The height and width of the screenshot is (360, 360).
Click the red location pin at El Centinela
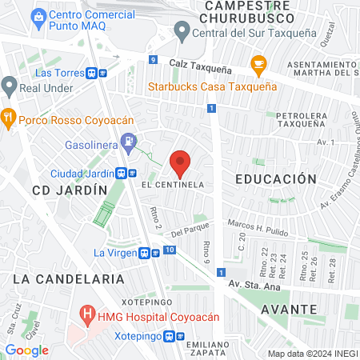pos(180,162)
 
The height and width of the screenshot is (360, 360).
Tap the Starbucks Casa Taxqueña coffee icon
pos(258,64)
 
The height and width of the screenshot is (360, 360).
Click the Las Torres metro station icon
pos(98,73)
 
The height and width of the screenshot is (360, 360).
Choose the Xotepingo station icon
pos(172,338)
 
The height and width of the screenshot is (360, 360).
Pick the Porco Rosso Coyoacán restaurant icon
pos(10,115)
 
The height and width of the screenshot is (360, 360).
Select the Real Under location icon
pos(10,85)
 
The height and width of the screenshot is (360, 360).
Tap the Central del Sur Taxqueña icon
pos(182,33)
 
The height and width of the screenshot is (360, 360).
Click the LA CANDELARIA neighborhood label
pos(69,279)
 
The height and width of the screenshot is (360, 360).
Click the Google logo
pos(27,350)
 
